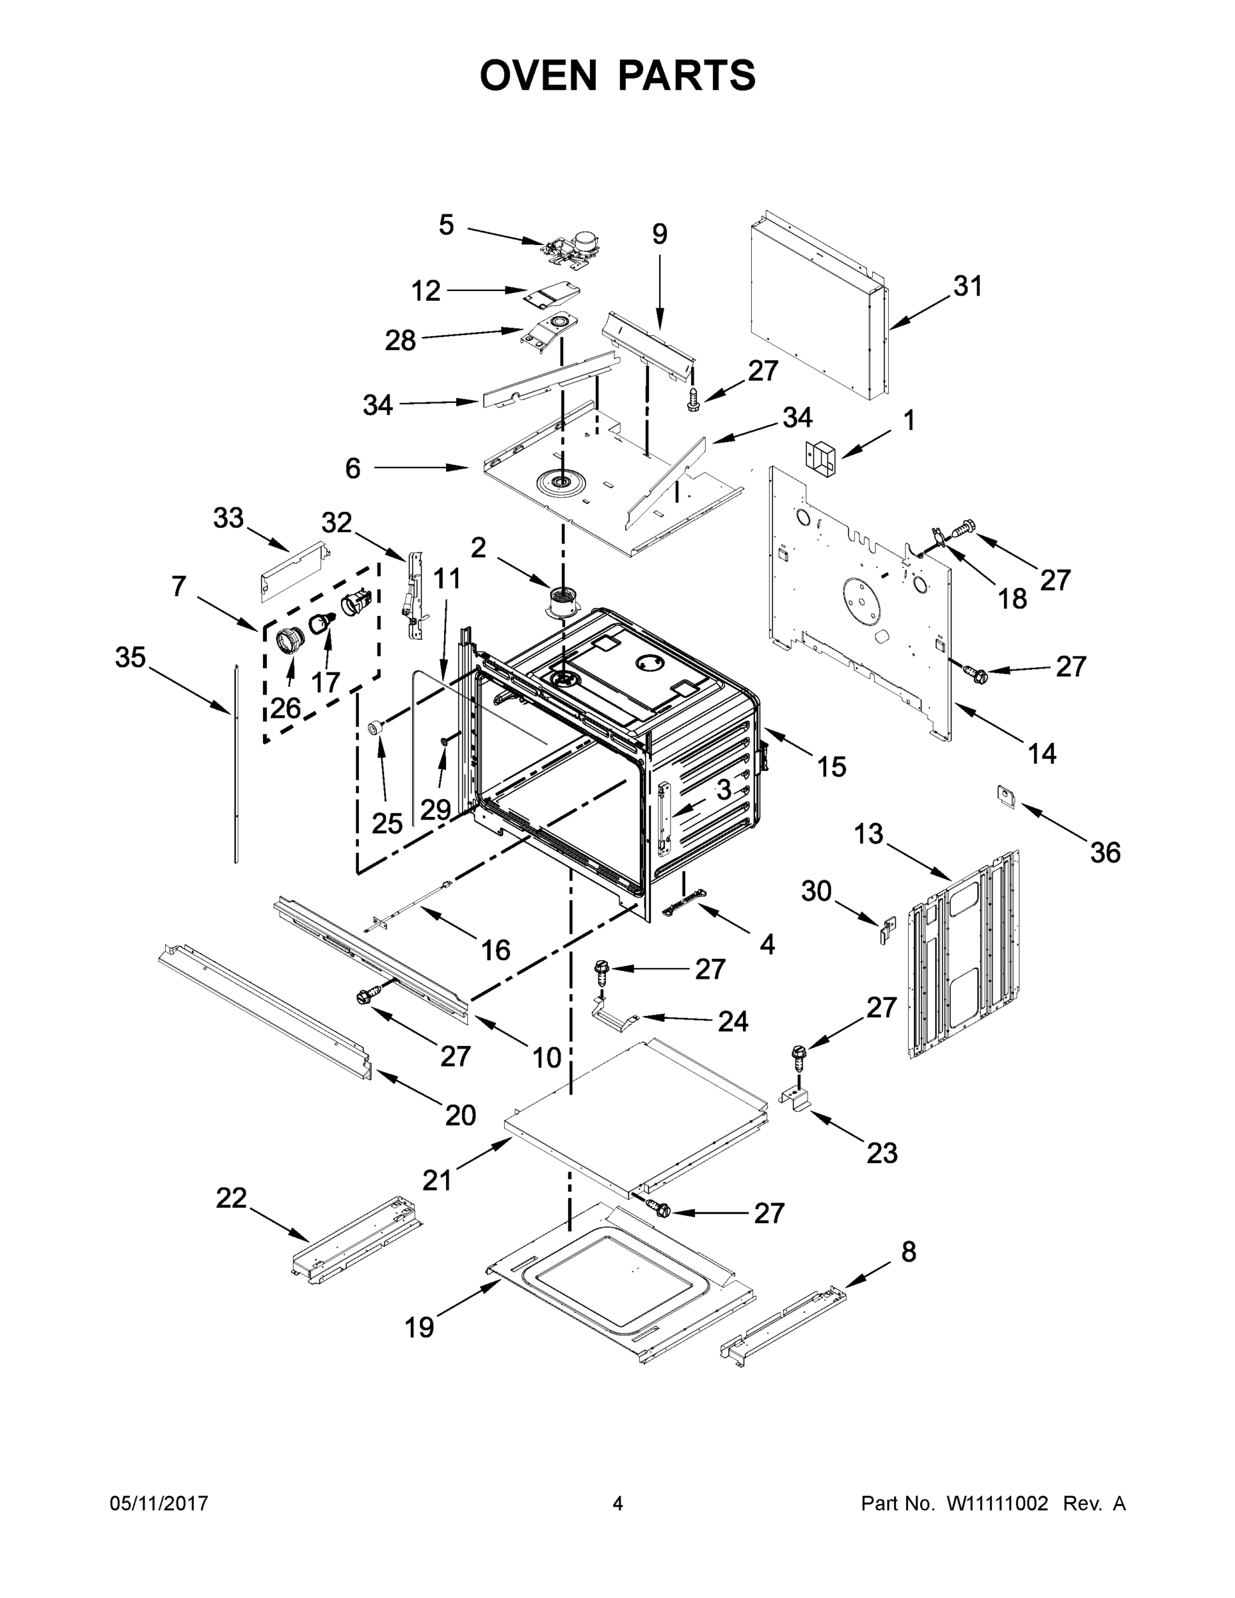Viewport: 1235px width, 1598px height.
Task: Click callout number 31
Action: coord(967,286)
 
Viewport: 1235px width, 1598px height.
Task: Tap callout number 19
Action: coord(420,1326)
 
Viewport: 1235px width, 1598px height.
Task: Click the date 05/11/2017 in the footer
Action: coord(158,1503)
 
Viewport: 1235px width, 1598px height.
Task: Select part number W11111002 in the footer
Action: coord(997,1503)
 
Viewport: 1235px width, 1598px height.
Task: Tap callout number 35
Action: coord(131,657)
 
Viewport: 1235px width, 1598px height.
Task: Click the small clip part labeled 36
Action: coord(1007,796)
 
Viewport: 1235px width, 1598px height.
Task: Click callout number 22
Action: coord(231,1198)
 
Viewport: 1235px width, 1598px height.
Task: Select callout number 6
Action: coord(353,467)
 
